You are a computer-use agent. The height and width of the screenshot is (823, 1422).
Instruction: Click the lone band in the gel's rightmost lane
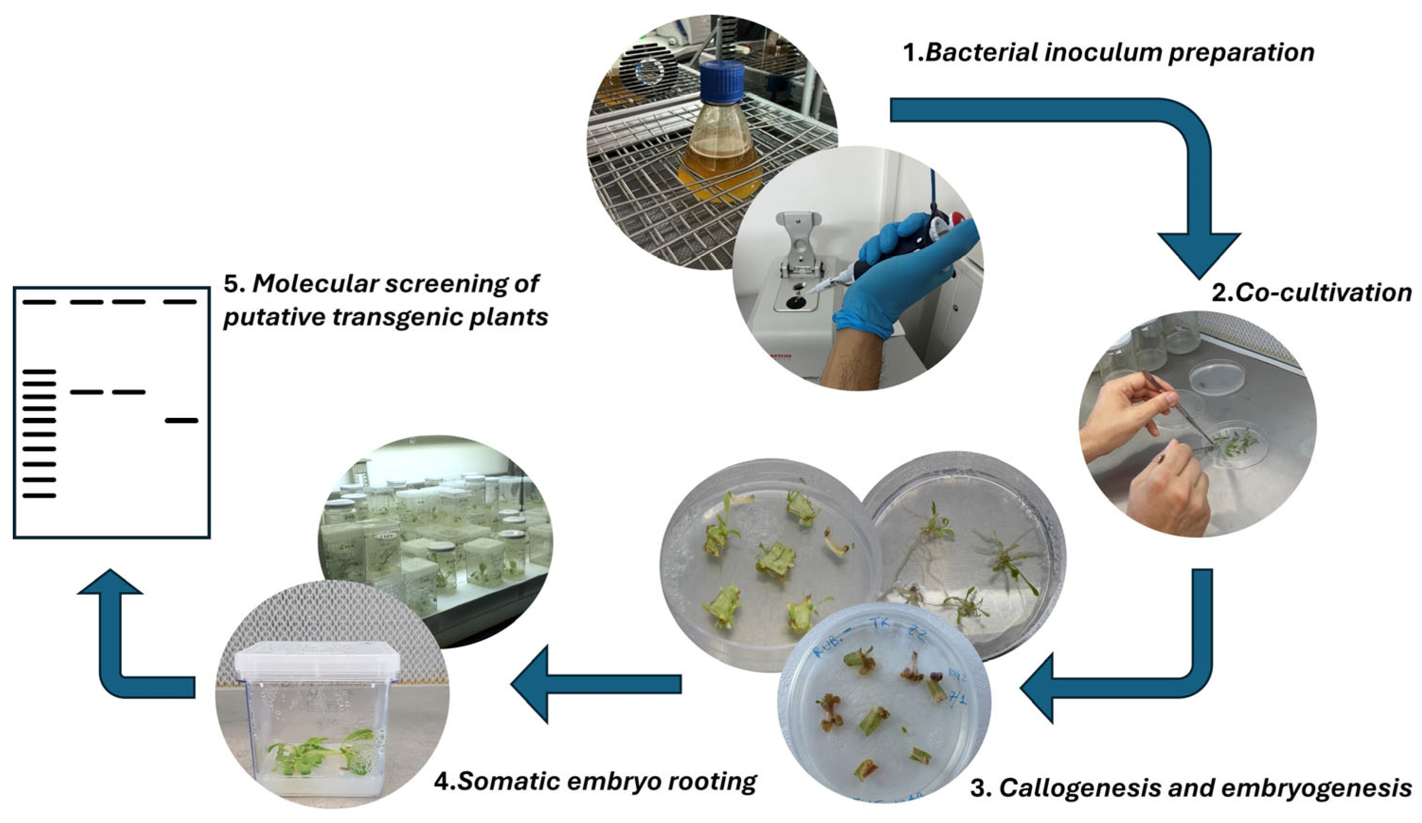(x=182, y=420)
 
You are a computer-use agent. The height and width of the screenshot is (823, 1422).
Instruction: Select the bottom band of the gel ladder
(x=39, y=496)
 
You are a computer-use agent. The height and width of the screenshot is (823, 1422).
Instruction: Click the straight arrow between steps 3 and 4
(x=598, y=684)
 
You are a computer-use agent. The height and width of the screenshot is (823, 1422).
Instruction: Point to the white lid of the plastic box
(x=317, y=661)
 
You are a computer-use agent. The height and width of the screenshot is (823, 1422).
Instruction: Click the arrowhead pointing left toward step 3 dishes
(x=1038, y=688)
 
